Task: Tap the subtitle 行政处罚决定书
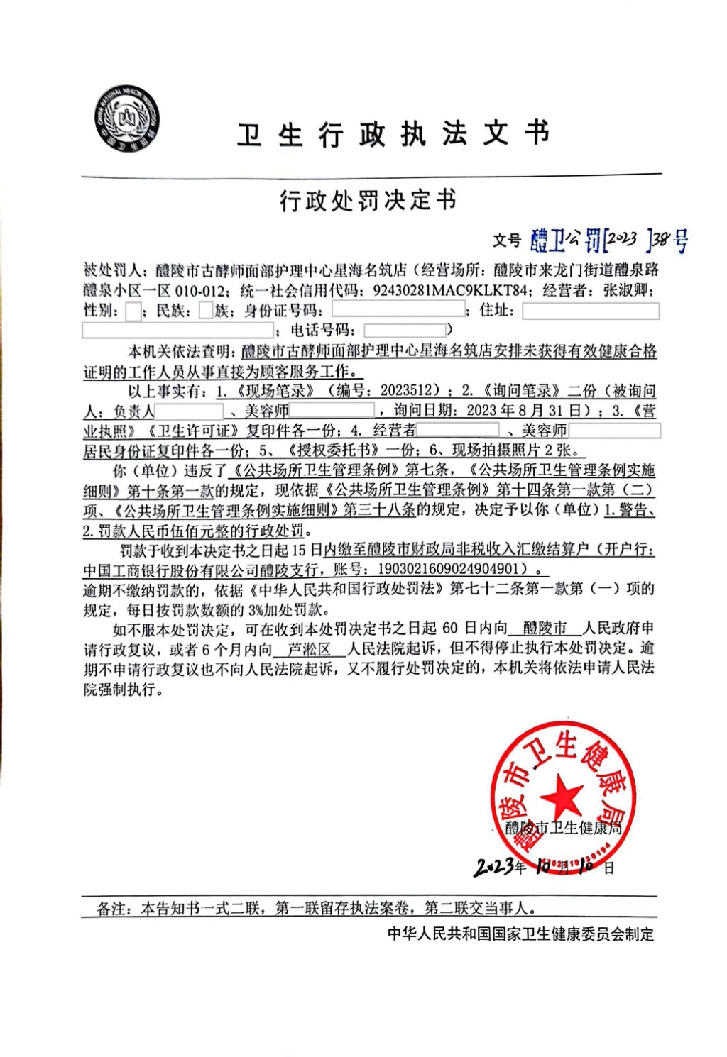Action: coord(368,201)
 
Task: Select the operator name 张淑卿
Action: coord(628,290)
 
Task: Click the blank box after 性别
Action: coord(133,311)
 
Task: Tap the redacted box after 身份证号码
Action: coord(398,310)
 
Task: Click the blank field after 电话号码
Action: coord(405,330)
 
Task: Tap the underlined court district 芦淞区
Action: coord(310,648)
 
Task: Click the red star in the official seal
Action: coord(562,795)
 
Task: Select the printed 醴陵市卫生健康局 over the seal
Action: coord(563,828)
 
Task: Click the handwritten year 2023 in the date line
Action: coord(494,866)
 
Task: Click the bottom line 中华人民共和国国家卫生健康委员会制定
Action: coord(520,934)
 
